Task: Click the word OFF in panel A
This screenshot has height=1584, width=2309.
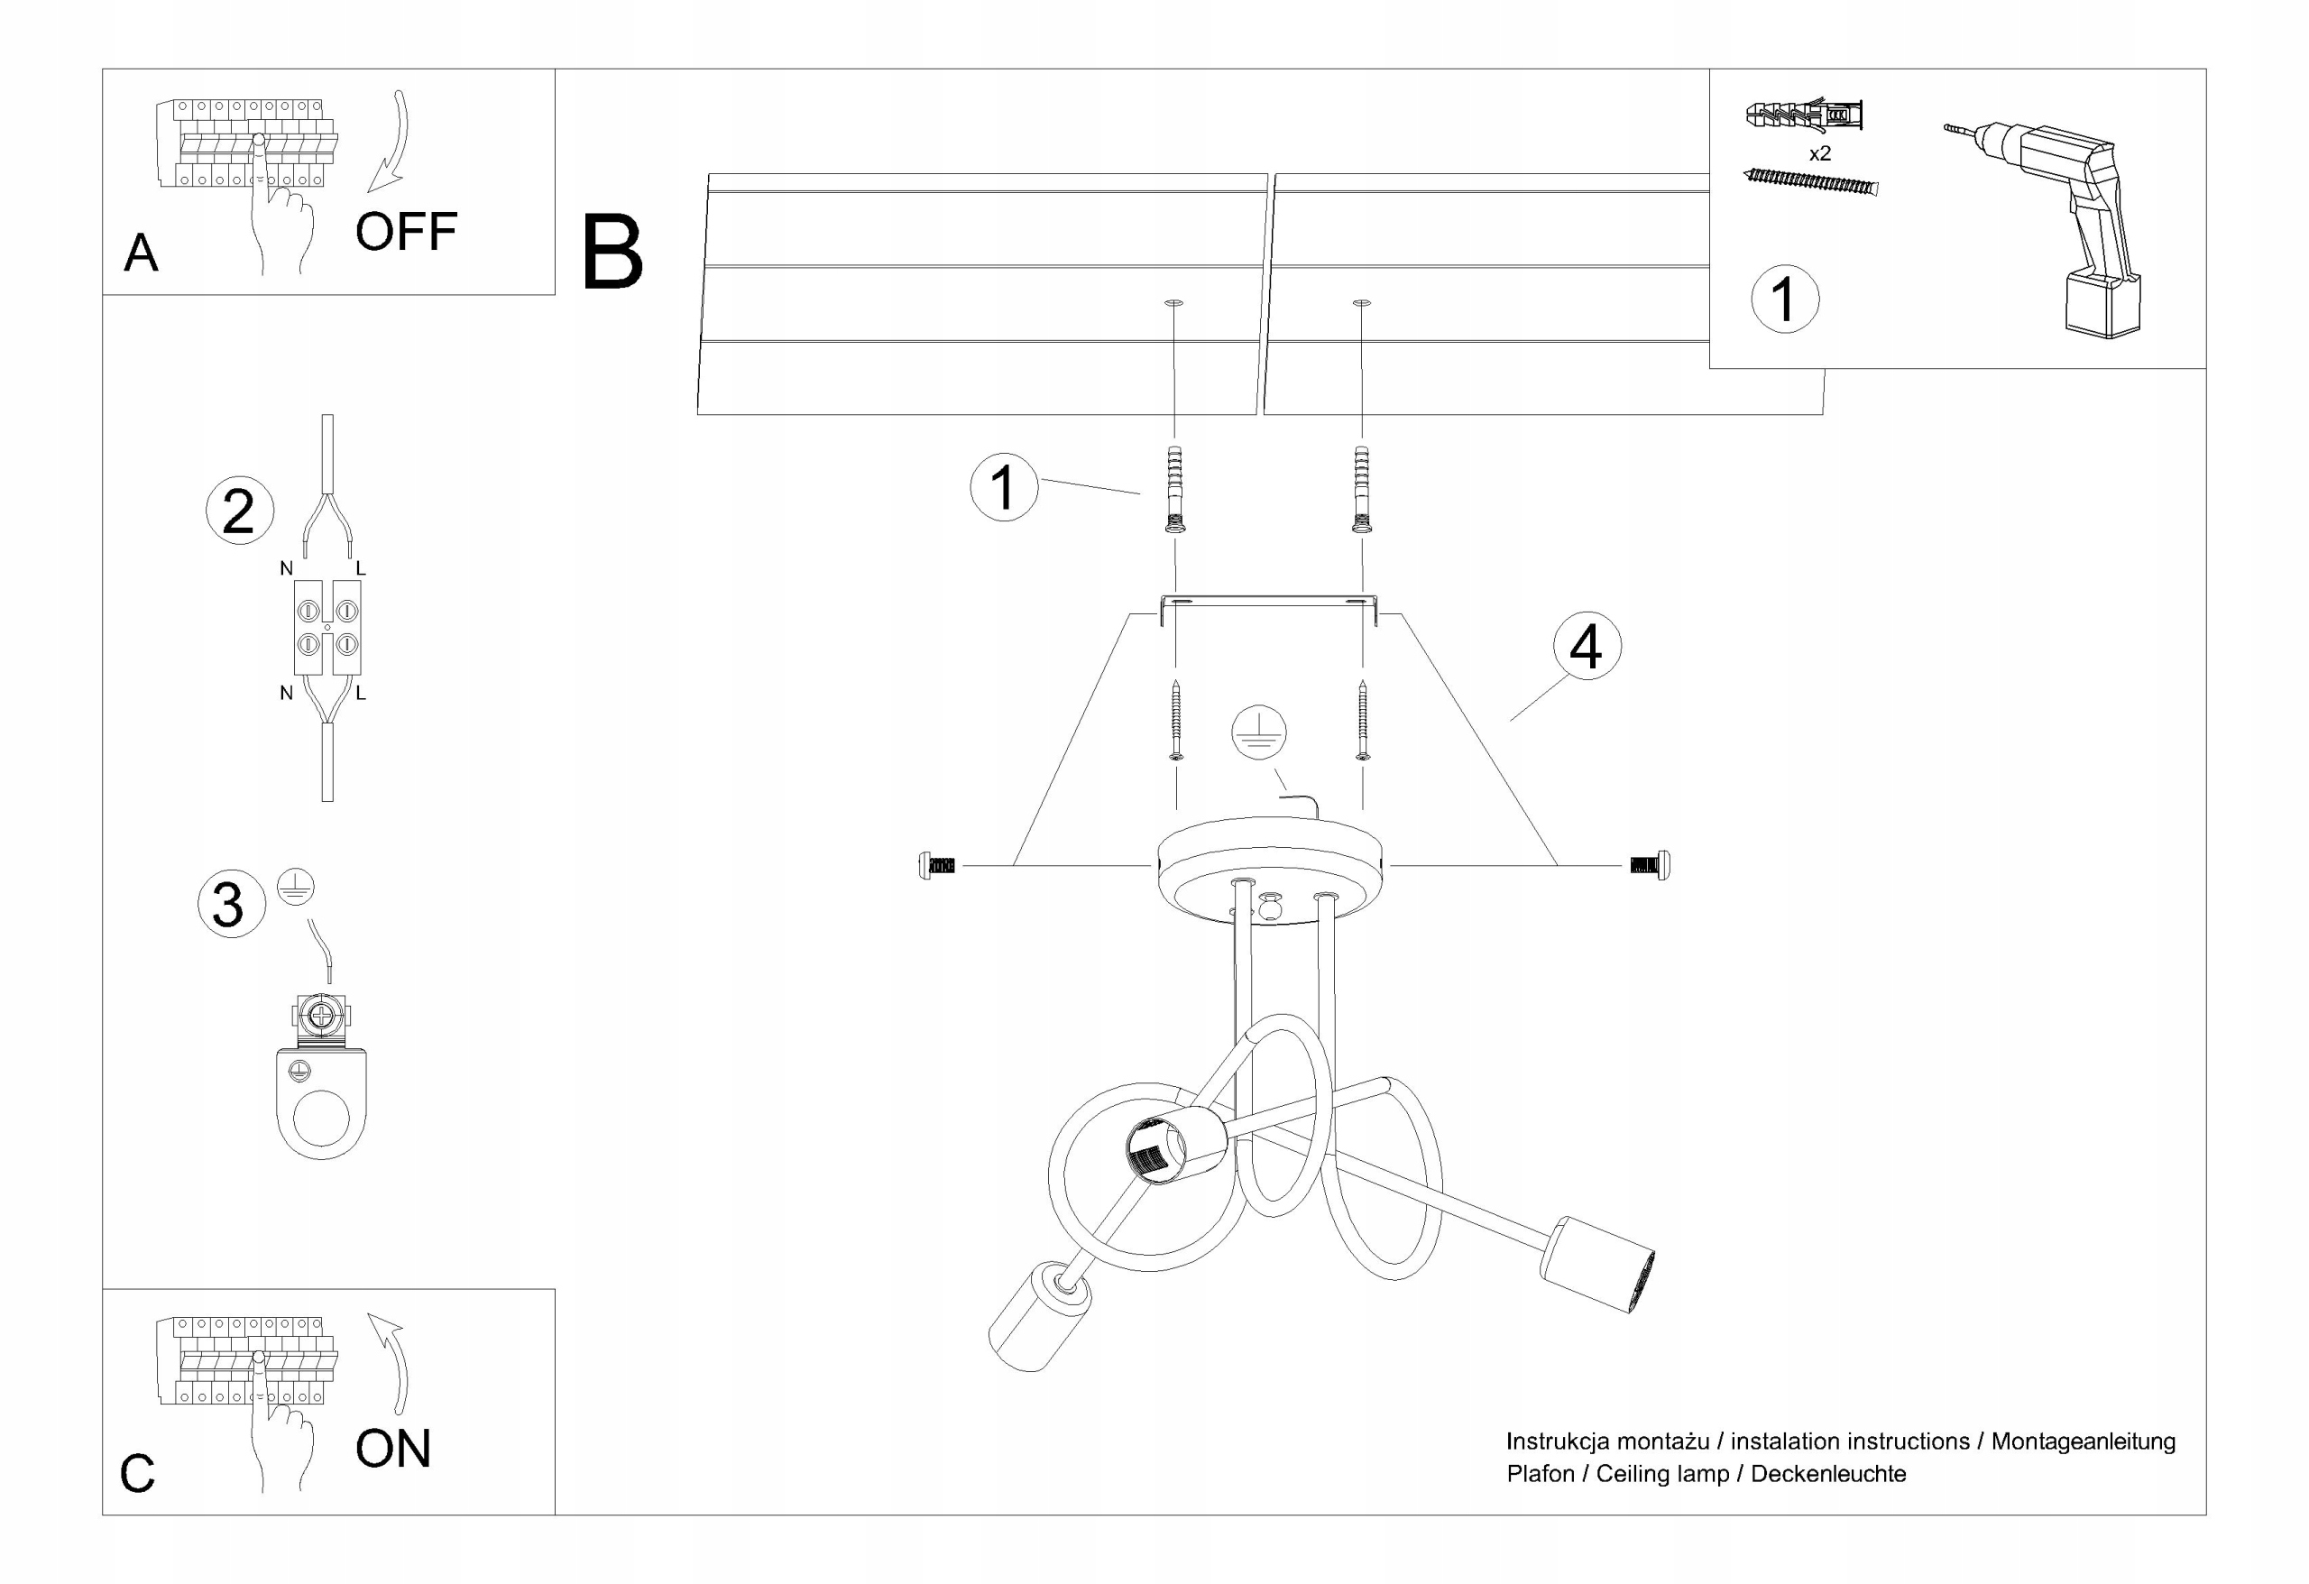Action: (x=407, y=232)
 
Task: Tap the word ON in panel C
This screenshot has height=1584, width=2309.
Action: (x=393, y=1449)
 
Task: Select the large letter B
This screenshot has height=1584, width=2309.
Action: (x=612, y=253)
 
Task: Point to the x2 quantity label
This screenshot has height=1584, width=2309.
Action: (x=1819, y=154)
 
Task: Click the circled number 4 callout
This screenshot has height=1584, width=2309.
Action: (x=1587, y=646)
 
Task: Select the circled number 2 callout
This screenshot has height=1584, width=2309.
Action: (x=239, y=511)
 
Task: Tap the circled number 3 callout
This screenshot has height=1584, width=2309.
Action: (x=232, y=903)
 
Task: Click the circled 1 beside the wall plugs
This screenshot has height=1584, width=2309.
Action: (x=1004, y=487)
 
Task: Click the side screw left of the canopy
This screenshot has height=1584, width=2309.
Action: (x=937, y=866)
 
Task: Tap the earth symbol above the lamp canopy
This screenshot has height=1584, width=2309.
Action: (x=1259, y=733)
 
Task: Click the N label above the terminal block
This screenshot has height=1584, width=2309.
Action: (x=286, y=568)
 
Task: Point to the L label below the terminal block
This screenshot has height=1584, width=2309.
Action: (x=361, y=694)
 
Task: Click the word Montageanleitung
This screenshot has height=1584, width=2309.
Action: (x=2083, y=1441)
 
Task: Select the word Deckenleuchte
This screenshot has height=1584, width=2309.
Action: (x=1828, y=1474)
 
